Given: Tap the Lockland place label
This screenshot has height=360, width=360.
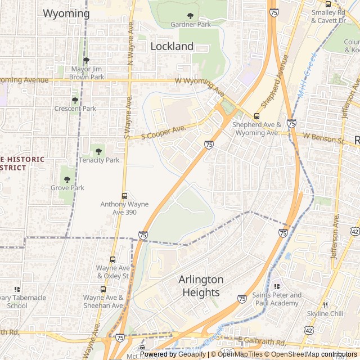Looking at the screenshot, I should point(172,47).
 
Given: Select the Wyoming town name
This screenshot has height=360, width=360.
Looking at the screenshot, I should point(66,13).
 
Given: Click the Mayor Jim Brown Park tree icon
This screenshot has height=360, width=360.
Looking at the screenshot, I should point(86,60).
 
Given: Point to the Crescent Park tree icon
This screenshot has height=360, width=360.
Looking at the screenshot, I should point(75,100).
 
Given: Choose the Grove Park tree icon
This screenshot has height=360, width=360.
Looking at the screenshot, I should point(67,179).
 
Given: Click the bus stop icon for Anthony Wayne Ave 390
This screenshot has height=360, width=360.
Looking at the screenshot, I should point(124,196).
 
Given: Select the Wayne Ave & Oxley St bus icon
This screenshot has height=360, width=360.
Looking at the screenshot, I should point(112,260).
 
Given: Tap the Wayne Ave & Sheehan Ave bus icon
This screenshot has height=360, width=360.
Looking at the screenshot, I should point(103,289).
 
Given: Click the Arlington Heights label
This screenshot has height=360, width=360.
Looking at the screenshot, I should point(201,286).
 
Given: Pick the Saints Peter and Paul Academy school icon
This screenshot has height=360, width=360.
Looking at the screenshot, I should point(276,287).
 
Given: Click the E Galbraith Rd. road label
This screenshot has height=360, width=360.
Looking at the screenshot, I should point(262,343).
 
